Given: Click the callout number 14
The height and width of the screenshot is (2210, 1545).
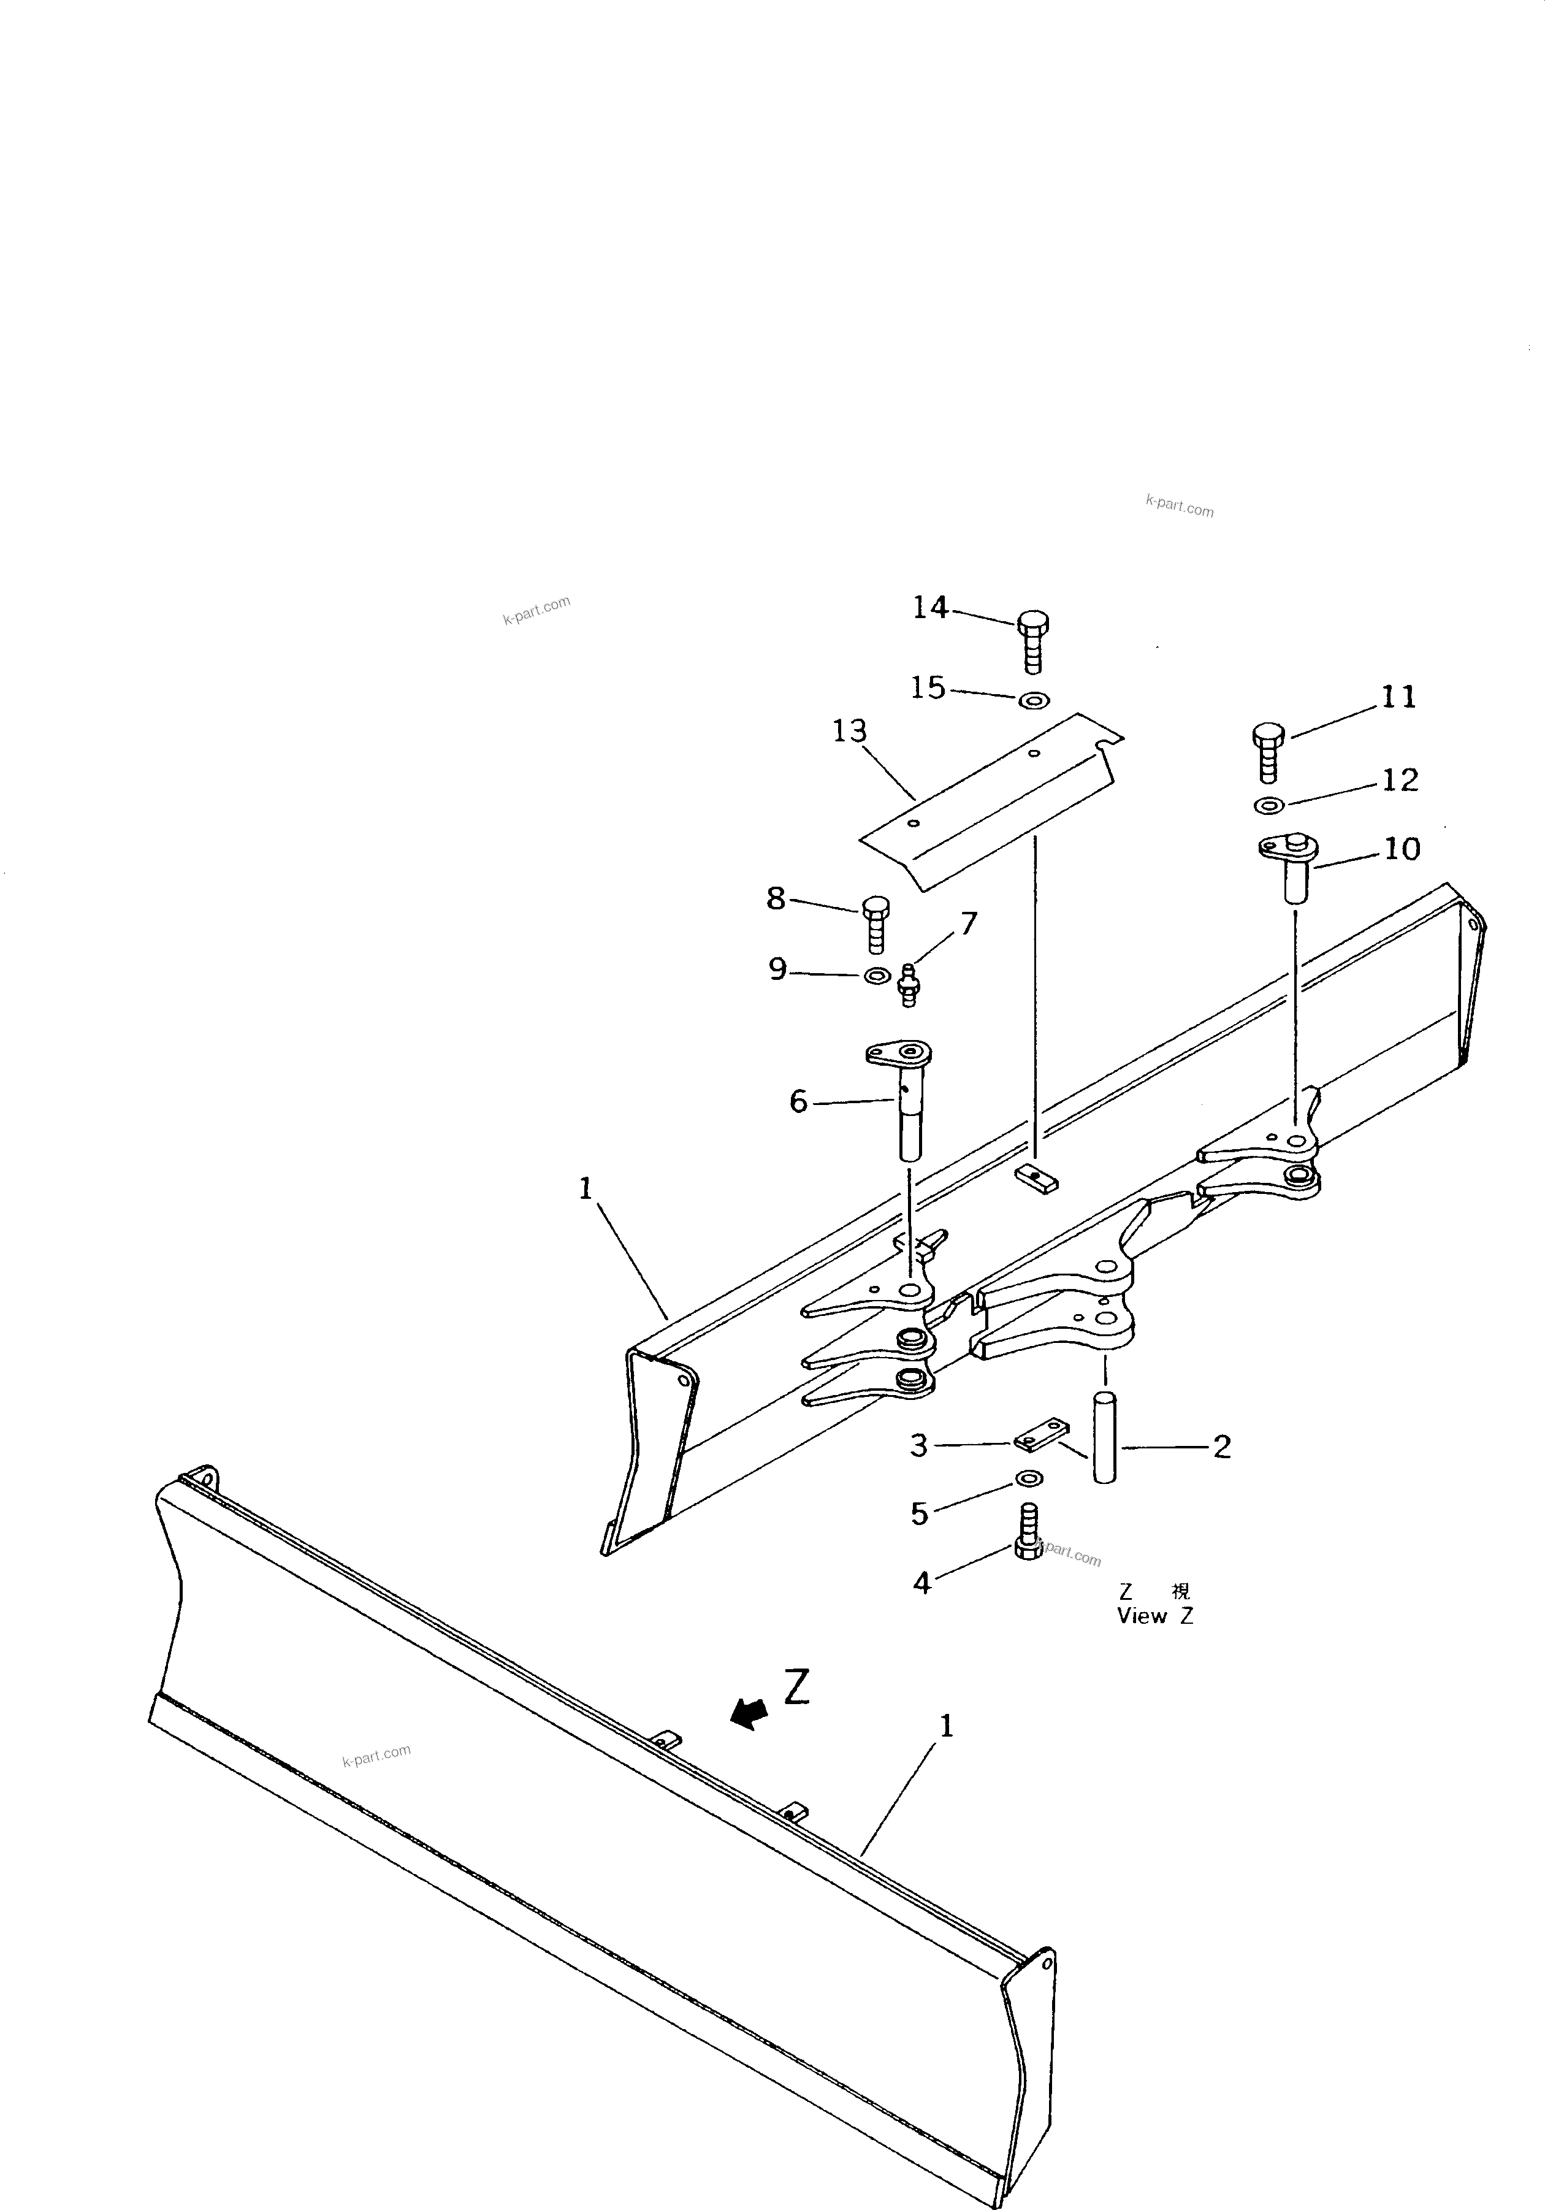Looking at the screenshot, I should pos(930,607).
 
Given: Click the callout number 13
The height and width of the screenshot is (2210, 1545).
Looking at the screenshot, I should pos(850,732).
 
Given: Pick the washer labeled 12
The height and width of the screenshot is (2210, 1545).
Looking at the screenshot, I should pos(1268,805).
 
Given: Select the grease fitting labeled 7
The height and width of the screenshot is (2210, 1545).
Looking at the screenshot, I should pos(905,984).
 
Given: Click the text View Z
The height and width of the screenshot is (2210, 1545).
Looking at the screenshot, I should pos(1154,1616).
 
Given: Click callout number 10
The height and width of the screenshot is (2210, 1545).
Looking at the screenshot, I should pos(1402,849).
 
